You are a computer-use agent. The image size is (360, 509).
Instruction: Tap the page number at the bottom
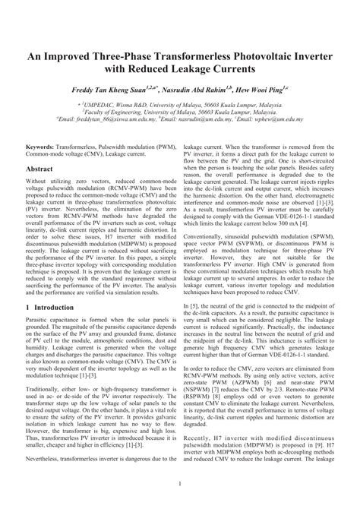point(179,484)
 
